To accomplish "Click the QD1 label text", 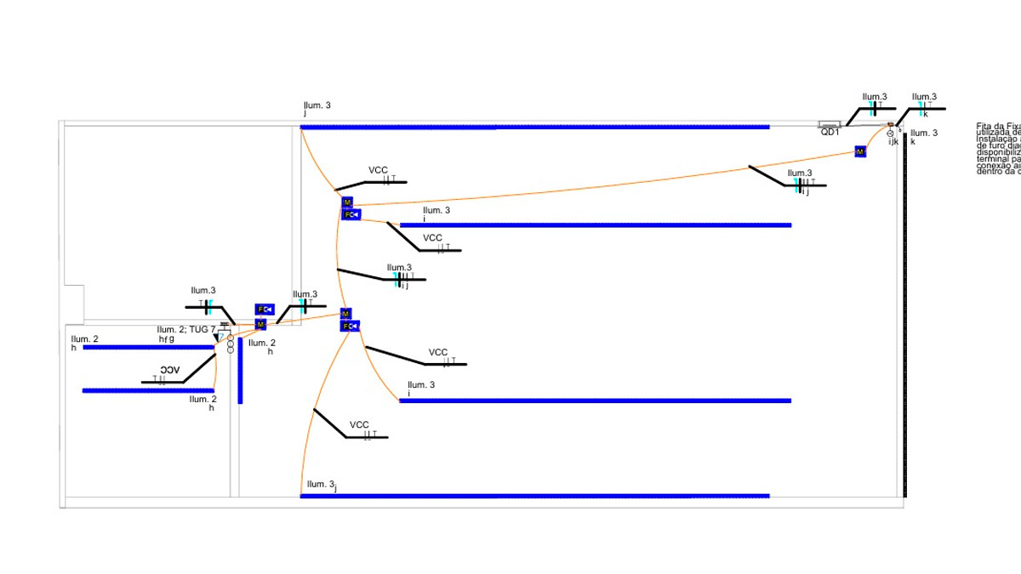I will click(x=830, y=133).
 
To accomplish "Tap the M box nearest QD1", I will click(x=860, y=151).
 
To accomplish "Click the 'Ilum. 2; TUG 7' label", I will click(x=185, y=329).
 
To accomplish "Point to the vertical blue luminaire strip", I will click(x=241, y=371).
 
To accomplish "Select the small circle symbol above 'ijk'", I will click(x=890, y=134).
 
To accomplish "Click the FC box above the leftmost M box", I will click(x=263, y=310).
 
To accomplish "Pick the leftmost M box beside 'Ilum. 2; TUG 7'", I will click(x=260, y=324).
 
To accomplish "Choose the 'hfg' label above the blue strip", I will click(x=166, y=338).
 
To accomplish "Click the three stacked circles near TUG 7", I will click(x=230, y=344).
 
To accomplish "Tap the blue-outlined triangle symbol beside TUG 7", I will click(x=217, y=338).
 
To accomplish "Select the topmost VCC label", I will click(x=378, y=170).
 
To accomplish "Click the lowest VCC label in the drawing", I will click(x=359, y=425).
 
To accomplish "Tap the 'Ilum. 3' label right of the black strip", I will click(x=924, y=134).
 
